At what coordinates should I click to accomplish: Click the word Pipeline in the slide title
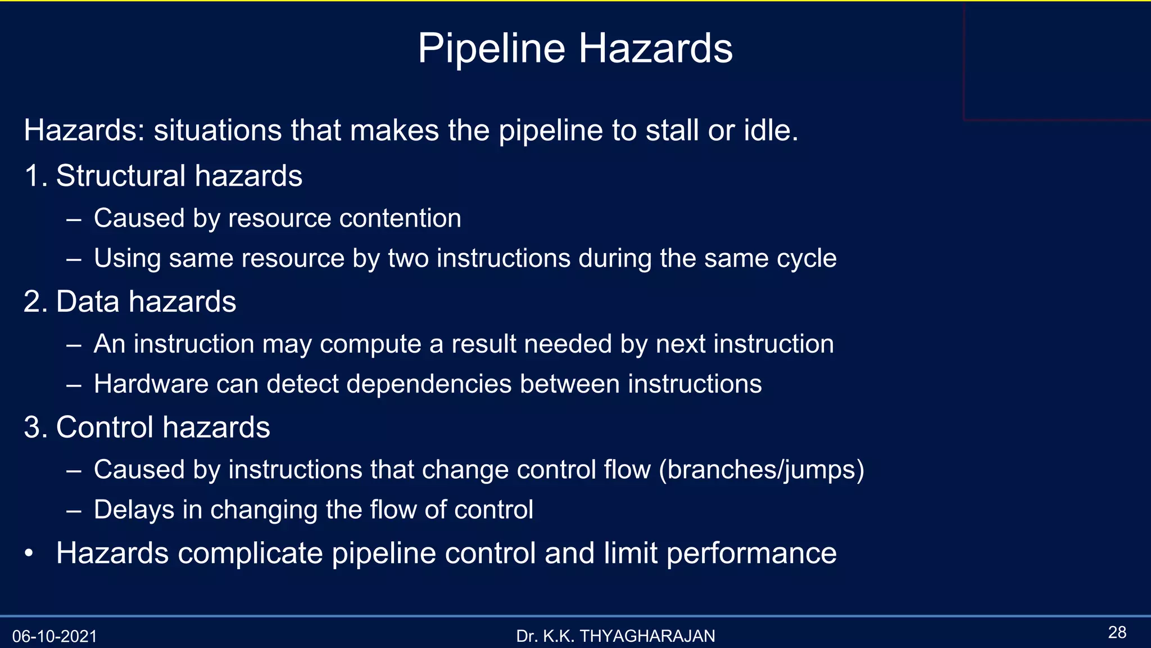tap(491, 48)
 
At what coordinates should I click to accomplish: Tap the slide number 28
tap(1117, 632)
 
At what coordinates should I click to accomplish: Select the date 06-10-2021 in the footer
tap(55, 637)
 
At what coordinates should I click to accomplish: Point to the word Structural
tap(121, 175)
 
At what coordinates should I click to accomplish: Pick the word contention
tap(400, 218)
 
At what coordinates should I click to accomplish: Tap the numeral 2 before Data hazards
tap(33, 301)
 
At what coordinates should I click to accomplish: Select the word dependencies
tap(428, 384)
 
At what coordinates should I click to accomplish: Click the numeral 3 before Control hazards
tap(33, 427)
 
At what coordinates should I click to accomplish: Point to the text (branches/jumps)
tap(762, 470)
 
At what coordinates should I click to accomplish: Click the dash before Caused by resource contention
tap(73, 219)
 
